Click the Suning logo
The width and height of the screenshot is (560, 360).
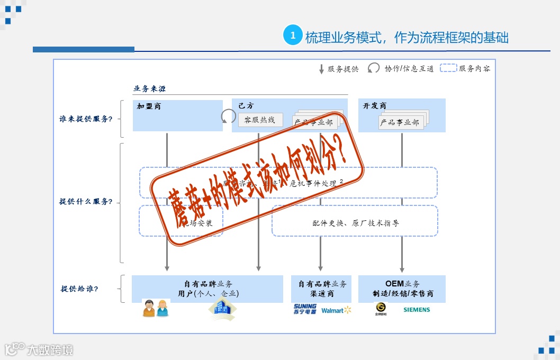[305, 309]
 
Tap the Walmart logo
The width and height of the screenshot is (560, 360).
[336, 310]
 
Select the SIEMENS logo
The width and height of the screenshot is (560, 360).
[417, 310]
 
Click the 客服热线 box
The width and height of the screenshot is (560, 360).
[260, 120]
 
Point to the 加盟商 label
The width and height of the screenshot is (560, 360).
[149, 106]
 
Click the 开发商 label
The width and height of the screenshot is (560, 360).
[374, 106]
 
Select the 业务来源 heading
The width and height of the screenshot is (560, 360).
[149, 88]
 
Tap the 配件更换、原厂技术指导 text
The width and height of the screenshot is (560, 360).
[356, 223]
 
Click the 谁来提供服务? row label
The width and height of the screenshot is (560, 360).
[86, 119]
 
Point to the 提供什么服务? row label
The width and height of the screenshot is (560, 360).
[86, 202]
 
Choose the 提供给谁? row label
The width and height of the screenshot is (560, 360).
[79, 289]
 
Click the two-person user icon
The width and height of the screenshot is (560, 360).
[156, 308]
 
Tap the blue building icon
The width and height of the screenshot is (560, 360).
[222, 309]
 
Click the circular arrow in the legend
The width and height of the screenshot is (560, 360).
[374, 68]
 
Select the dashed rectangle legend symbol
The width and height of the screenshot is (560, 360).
[448, 68]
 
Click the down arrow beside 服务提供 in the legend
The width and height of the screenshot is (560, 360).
[321, 69]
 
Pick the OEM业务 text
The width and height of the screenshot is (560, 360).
[402, 284]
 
